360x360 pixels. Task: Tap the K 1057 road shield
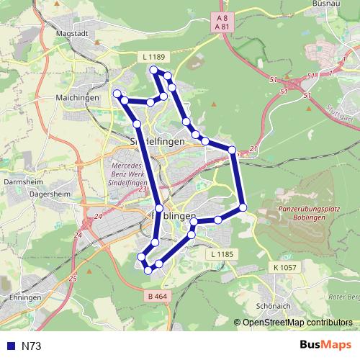tap(285, 266)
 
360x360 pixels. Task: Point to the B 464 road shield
tap(156, 295)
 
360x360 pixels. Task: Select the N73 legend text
tap(31, 346)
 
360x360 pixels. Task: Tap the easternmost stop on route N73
tap(243, 207)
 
